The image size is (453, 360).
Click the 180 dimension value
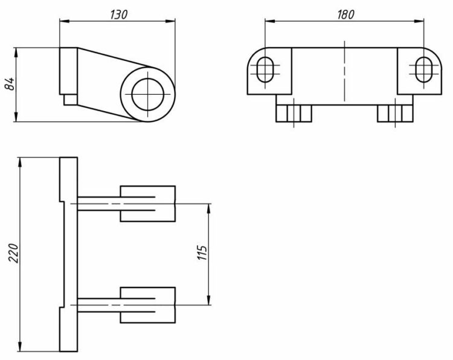pos(345,14)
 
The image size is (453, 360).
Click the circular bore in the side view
pos(148,94)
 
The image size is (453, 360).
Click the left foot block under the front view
pos(294,113)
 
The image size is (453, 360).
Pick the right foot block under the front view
pos(394,113)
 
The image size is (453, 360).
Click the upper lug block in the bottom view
pos(148,204)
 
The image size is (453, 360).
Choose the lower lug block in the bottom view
pos(148,305)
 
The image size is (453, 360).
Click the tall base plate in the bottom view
pos(68,254)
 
